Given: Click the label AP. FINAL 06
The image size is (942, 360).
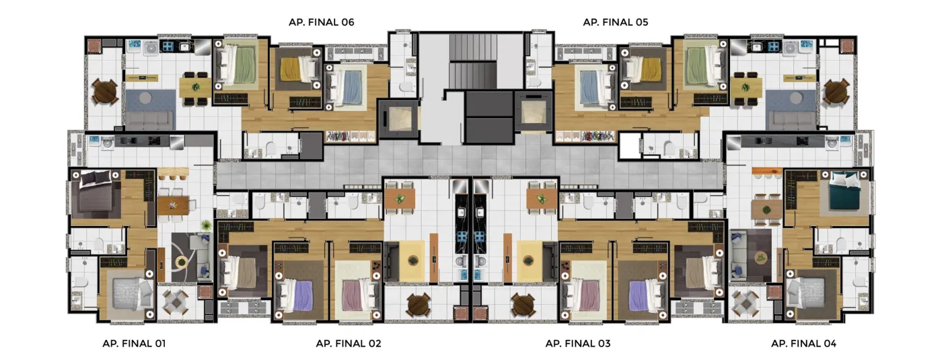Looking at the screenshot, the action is (x=322, y=22).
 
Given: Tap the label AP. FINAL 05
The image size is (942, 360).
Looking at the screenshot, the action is (x=615, y=22).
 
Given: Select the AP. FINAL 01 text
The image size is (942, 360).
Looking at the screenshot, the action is (x=134, y=344).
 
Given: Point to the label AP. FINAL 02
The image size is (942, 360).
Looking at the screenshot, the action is (x=349, y=344).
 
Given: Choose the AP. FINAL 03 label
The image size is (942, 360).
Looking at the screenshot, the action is (x=578, y=344).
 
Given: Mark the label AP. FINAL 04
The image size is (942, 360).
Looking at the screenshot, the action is (x=803, y=344).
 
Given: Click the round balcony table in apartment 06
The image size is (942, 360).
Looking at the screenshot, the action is (x=104, y=91).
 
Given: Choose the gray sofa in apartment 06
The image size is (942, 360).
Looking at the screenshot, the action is (x=149, y=120).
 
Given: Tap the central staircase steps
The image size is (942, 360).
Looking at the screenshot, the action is (x=472, y=61).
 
